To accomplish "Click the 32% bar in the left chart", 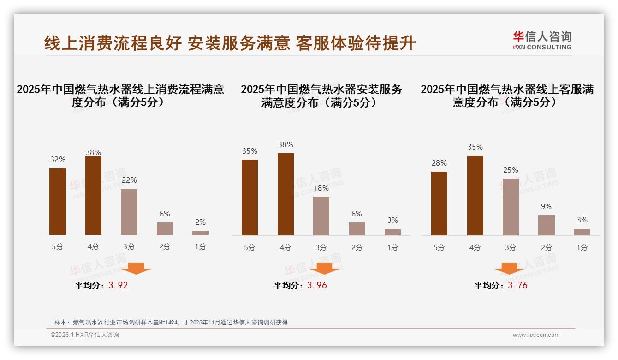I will [58, 202].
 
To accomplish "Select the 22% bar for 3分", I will [129, 212].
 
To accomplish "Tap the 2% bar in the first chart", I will [201, 233].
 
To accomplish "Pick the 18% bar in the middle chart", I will [321, 216].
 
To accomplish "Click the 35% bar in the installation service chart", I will [250, 197].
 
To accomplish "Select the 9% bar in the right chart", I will [547, 225].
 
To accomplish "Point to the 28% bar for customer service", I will [439, 203].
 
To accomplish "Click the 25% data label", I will [511, 170].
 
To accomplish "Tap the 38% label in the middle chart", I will [285, 144].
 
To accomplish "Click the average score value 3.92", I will [118, 285].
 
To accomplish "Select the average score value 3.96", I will [317, 285].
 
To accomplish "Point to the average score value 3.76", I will [517, 285].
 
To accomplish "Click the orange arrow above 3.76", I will [509, 269].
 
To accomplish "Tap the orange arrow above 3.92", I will [136, 268].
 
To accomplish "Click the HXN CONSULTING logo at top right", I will [542, 41].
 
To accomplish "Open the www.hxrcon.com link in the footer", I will [536, 335].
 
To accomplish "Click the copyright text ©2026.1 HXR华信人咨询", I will [85, 335].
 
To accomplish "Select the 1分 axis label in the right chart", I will [582, 247].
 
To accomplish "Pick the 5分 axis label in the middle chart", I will [250, 247].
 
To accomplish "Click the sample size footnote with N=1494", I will [171, 322].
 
